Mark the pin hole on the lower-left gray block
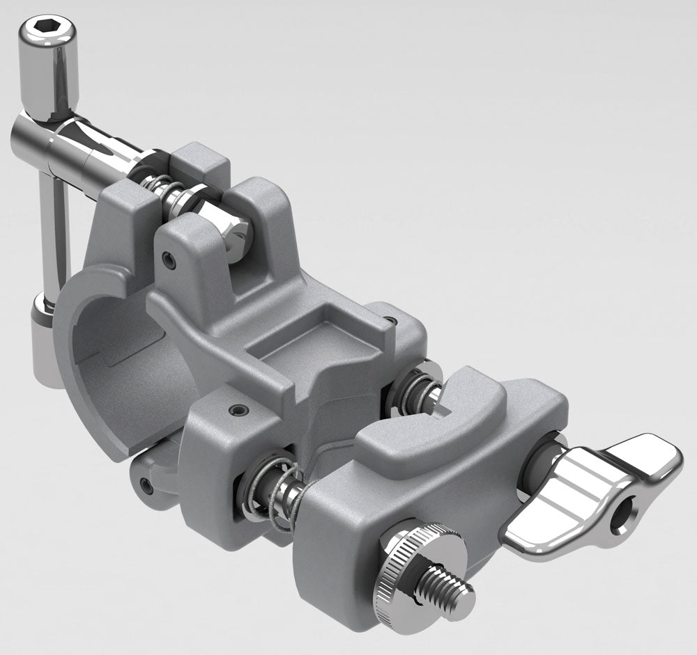[239, 410]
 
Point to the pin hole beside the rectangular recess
[392, 322]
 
